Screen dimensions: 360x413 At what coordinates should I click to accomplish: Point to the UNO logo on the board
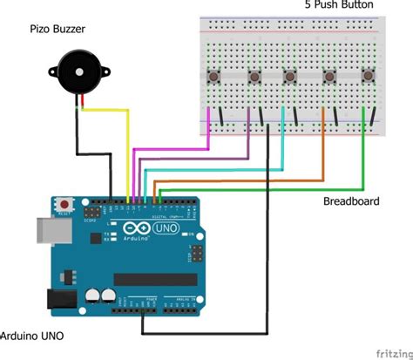click(x=164, y=231)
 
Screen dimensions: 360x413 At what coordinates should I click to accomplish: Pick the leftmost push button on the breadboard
click(x=213, y=78)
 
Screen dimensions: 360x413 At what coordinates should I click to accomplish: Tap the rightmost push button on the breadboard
click(x=369, y=78)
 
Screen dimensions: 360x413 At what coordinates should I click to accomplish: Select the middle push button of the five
click(x=292, y=78)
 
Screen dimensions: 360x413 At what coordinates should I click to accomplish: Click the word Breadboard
click(x=351, y=200)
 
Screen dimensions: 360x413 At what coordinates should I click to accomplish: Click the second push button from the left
click(x=254, y=78)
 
